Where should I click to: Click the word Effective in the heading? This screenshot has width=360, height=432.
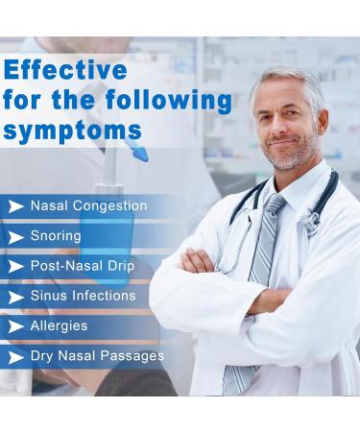pos(66,70)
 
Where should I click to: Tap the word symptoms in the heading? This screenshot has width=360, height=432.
pos(73,129)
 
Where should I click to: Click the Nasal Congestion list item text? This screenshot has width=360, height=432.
pos(88,206)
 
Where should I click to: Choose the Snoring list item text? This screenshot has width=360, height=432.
pos(56,236)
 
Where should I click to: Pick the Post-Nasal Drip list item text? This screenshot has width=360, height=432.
pos(83,266)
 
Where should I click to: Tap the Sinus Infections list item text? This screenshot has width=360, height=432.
pos(83,296)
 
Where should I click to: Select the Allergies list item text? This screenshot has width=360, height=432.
pos(60,326)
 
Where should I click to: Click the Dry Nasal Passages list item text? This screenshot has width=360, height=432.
pos(97,356)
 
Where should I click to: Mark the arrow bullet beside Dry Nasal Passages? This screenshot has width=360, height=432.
pos(15,357)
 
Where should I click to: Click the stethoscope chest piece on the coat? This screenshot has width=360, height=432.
pos(310,223)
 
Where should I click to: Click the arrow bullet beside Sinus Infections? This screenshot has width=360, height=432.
pos(15,297)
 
